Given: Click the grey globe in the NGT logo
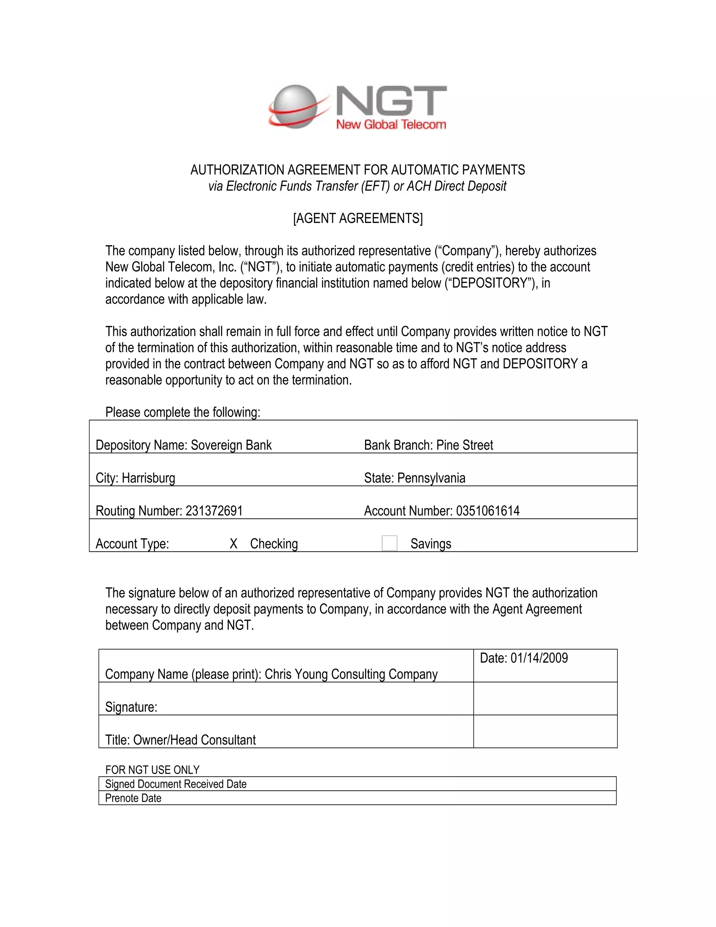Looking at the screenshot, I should pyautogui.click(x=294, y=106).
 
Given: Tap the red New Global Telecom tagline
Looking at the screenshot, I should pyautogui.click(x=391, y=125).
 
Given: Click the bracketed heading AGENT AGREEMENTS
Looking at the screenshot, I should pyautogui.click(x=358, y=218).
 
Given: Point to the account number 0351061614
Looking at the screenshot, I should pyautogui.click(x=487, y=511).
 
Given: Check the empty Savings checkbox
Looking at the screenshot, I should pyautogui.click(x=389, y=543).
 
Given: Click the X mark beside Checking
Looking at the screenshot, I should pyautogui.click(x=233, y=544).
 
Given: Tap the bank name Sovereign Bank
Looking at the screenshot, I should pyautogui.click(x=231, y=445).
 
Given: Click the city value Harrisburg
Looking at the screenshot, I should pyautogui.click(x=149, y=478).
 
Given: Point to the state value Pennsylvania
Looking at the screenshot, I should pyautogui.click(x=431, y=478).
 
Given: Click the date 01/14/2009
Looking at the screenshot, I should pyautogui.click(x=539, y=658).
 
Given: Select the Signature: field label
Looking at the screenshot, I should pyautogui.click(x=131, y=707).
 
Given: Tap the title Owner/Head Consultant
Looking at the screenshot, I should pyautogui.click(x=194, y=740).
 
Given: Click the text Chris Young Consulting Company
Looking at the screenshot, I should pyautogui.click(x=351, y=674).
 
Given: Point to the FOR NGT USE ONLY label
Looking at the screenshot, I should pyautogui.click(x=152, y=770).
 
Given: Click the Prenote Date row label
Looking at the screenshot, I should pyautogui.click(x=133, y=798).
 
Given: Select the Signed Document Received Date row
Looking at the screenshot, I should pyautogui.click(x=176, y=784).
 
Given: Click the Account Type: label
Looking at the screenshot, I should pyautogui.click(x=133, y=544).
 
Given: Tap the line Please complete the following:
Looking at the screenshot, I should pyautogui.click(x=182, y=412).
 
